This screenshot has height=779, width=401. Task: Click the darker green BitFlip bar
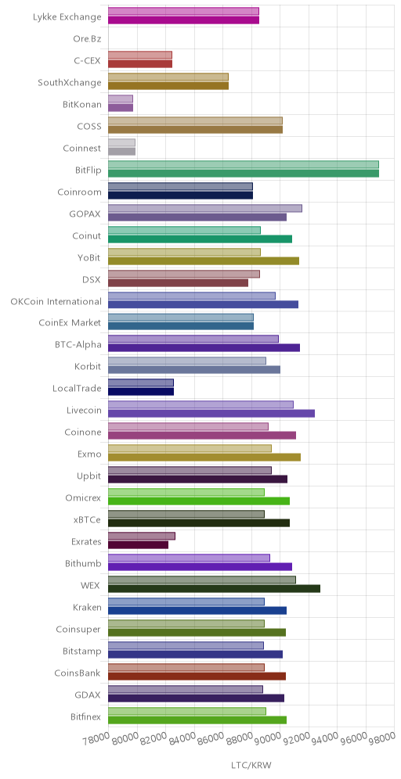coord(244,174)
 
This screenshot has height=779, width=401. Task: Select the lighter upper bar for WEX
coord(202,580)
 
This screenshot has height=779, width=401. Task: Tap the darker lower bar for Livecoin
coord(211,413)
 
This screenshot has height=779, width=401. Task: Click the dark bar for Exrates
coord(139,545)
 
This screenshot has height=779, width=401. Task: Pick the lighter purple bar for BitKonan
coord(121,99)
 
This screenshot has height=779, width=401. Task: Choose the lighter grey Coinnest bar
coord(122,142)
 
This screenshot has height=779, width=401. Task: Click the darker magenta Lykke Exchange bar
coord(183,20)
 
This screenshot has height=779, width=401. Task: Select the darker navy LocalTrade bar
coord(141,392)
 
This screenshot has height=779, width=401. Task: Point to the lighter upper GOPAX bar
coord(205,208)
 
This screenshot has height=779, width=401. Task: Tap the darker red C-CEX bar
coord(140,63)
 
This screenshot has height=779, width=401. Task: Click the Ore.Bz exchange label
coord(87,39)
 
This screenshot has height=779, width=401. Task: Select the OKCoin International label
coord(56,301)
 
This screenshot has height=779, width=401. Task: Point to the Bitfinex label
coord(86,717)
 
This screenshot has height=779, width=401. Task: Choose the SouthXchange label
coord(70,82)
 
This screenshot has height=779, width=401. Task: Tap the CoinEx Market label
coord(70,323)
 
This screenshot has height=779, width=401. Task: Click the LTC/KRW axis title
coord(251,765)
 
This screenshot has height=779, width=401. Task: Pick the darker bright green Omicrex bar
coord(199,501)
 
